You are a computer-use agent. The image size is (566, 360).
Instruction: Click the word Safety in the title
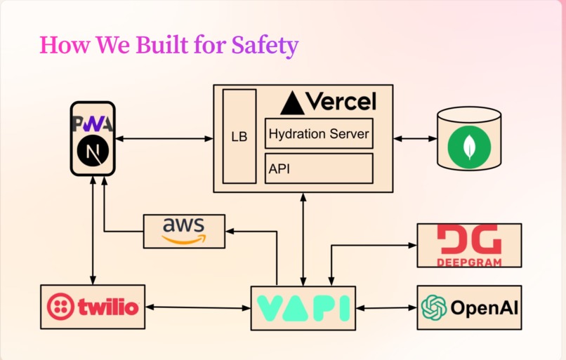tap(265, 46)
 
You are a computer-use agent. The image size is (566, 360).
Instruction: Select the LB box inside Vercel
tap(239, 136)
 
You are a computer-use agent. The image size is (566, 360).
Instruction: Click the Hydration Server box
tap(319, 133)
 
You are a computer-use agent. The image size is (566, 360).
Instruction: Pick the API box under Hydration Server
tap(319, 168)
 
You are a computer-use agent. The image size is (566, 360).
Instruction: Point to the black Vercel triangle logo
tap(292, 103)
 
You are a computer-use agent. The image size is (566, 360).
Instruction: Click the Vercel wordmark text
tap(341, 101)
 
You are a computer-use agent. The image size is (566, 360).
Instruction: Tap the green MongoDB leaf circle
tap(469, 147)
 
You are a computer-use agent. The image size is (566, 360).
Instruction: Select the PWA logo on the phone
tap(93, 124)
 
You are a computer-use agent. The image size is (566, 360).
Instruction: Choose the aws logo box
tap(184, 231)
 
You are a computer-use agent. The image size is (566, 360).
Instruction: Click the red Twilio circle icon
tap(60, 307)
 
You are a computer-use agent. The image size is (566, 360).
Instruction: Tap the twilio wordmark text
tap(108, 307)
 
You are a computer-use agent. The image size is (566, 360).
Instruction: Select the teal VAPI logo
tap(303, 308)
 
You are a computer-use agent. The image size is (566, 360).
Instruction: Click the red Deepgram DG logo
tap(469, 246)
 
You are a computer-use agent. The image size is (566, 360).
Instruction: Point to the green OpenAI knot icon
tap(434, 307)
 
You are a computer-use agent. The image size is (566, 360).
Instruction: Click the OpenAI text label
tap(485, 308)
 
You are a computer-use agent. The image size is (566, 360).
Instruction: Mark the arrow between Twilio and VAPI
tap(198, 307)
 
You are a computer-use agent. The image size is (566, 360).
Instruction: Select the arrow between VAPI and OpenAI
tap(386, 308)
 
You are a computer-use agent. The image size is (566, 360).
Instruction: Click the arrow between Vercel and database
tap(415, 138)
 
